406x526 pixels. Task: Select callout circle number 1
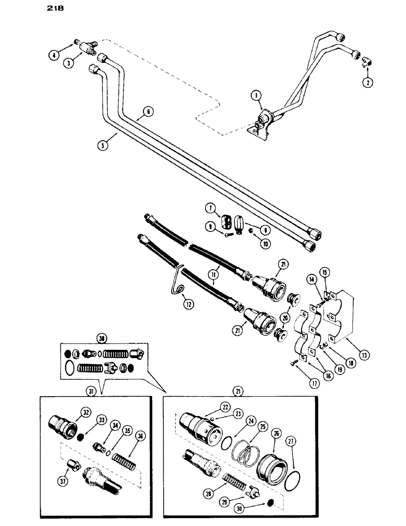[x=256, y=96]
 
